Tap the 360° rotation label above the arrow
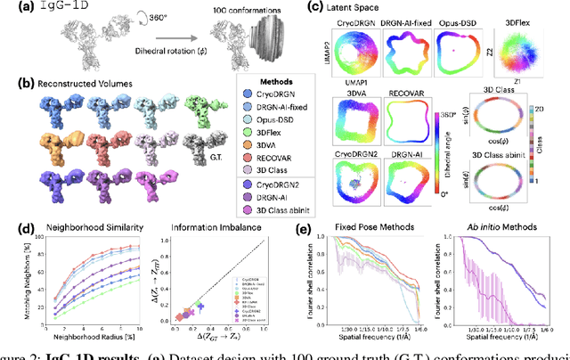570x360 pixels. point(159,16)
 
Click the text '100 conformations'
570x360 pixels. point(239,10)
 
